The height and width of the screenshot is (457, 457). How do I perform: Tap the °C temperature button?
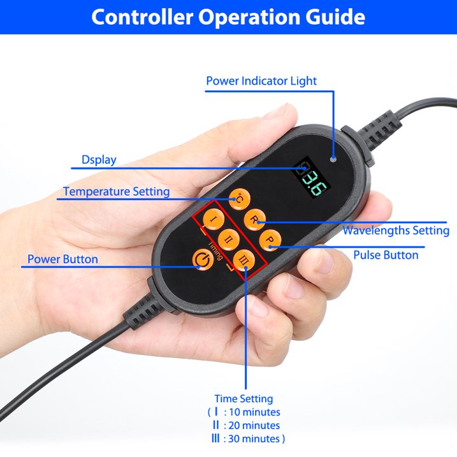coord(239,199)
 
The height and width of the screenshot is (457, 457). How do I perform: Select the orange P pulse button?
coord(270,240)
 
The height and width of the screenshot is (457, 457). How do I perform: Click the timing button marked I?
coord(214,219)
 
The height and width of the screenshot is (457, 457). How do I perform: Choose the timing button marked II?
coord(229,240)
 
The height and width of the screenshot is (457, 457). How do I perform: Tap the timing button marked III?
coord(244,260)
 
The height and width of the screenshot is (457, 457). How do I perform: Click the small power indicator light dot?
coord(333,159)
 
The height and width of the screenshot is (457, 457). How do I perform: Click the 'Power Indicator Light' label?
coord(261,81)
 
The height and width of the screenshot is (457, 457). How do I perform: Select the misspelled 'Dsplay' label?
coord(99,160)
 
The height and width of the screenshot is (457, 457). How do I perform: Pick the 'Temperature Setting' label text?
coord(116,191)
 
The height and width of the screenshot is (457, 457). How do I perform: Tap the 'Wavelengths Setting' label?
coord(396,231)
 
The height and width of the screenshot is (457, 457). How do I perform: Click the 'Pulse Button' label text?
coord(386,255)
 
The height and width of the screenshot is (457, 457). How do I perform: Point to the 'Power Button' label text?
coord(62,259)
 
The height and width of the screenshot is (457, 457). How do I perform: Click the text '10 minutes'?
coord(254,412)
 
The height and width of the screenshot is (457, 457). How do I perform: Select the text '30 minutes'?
coord(254,439)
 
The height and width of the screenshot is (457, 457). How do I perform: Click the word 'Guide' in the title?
coord(335,17)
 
